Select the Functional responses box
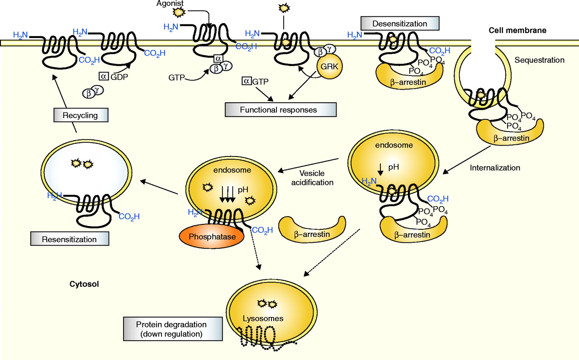(281, 109)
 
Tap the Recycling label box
(81, 115)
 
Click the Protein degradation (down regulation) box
(172, 329)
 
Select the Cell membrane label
(517, 31)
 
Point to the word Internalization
(495, 168)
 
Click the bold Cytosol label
(84, 284)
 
